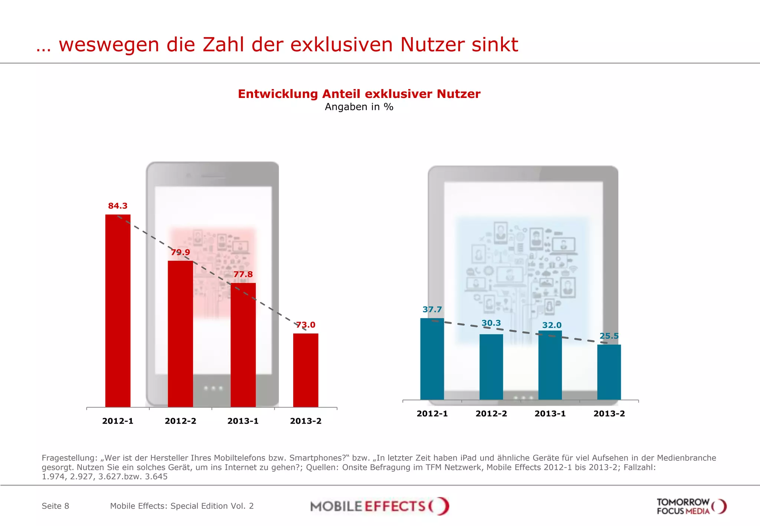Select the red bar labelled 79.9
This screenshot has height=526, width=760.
[x=180, y=334]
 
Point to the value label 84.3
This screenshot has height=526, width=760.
[x=118, y=206]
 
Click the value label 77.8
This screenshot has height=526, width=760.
[x=243, y=274]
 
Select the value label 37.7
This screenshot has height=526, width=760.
[x=432, y=309]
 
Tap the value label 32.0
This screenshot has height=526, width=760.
[x=552, y=325]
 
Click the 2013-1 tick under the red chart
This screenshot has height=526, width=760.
[x=243, y=421]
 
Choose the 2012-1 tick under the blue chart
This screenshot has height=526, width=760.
[x=432, y=414]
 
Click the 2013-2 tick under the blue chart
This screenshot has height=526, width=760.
[x=609, y=414]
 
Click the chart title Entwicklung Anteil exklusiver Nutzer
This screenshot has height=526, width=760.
[x=359, y=94]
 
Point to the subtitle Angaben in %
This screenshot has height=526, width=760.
[x=359, y=107]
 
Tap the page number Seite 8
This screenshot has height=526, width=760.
[x=55, y=506]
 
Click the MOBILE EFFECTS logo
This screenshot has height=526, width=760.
[x=379, y=506]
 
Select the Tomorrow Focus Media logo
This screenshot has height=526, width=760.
[x=691, y=506]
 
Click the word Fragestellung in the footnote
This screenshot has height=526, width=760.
[x=69, y=458]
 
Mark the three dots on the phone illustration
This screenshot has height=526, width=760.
[x=213, y=388]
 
